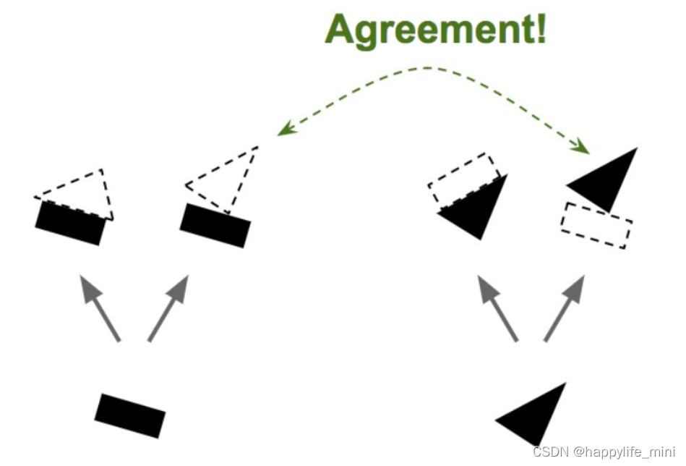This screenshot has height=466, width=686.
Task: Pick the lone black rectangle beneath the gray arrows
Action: click(x=130, y=415)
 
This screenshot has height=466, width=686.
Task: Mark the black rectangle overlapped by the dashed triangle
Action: click(x=70, y=224)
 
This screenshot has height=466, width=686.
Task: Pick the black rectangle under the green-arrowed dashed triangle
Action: click(x=215, y=225)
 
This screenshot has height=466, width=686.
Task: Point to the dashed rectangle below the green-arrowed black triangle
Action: click(x=596, y=225)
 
